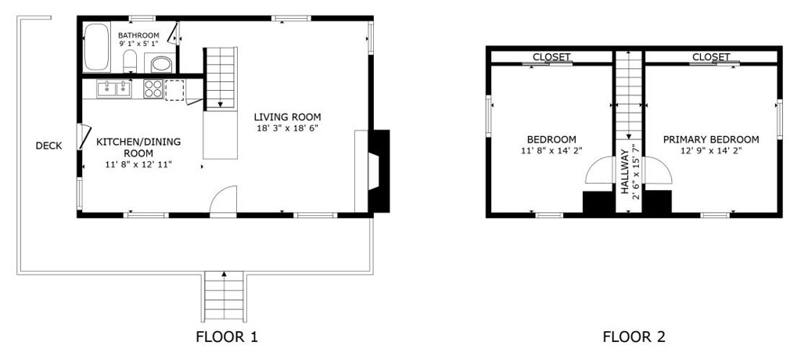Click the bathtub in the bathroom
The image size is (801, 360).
97,49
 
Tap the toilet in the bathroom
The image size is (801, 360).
131,63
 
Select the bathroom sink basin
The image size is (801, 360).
160,64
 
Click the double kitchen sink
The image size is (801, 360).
113,89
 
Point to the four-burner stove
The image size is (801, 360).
153,89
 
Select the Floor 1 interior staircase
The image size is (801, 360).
221,77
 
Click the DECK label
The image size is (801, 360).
48,146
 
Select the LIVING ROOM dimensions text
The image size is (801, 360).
287,128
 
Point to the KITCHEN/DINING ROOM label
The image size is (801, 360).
138,147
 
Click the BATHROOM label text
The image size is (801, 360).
138,35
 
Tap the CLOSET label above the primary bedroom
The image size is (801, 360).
710,57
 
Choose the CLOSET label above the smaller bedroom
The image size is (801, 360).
551,57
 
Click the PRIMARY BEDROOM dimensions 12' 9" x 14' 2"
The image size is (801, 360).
710,150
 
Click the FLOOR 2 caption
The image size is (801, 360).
634,337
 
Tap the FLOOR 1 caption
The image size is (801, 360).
226,337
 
